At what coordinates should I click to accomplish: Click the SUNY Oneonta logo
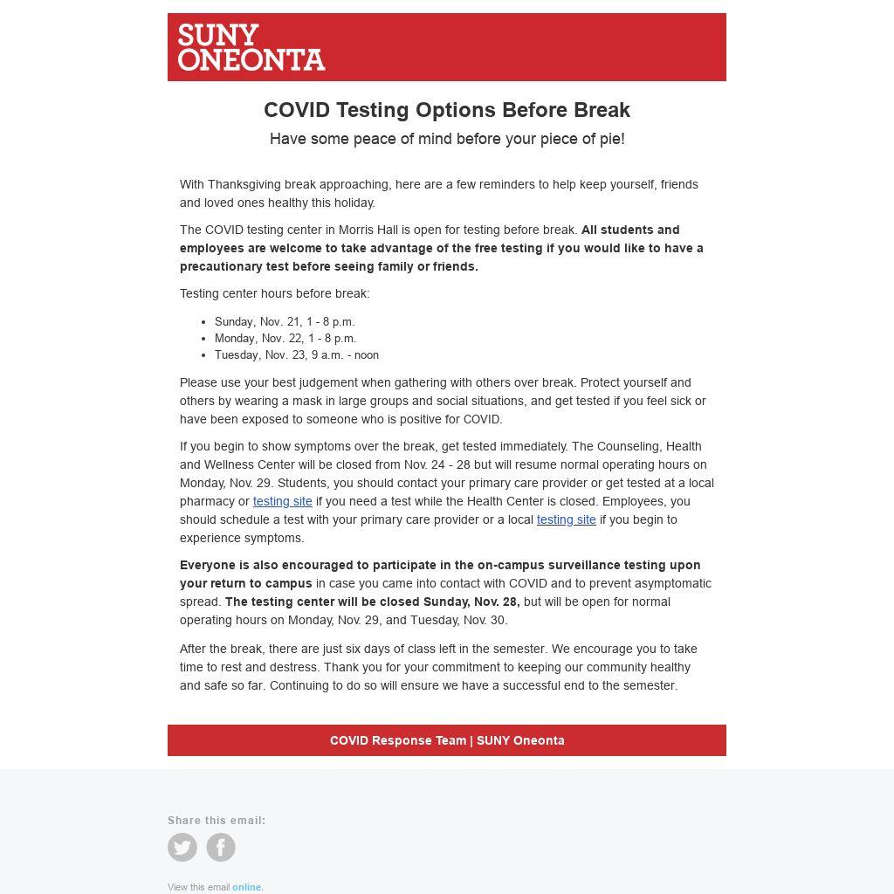tap(251, 47)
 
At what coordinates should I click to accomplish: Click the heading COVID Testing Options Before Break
tap(447, 110)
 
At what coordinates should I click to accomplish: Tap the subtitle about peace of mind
tap(447, 139)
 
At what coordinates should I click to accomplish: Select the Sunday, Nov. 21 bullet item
tap(285, 321)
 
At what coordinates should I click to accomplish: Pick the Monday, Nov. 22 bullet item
tap(285, 338)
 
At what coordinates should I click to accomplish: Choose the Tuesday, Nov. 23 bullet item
tap(297, 354)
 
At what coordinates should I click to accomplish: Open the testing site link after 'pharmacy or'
tap(282, 501)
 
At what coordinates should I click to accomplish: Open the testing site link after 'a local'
tap(566, 519)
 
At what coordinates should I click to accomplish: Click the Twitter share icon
tap(182, 847)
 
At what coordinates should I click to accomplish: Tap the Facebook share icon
tap(221, 847)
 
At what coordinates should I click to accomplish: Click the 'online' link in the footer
tap(246, 887)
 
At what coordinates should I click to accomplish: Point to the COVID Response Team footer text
tap(447, 740)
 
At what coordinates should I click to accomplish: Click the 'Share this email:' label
tap(217, 821)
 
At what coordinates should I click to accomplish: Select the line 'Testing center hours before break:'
tap(274, 293)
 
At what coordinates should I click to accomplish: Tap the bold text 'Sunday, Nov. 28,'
tap(471, 602)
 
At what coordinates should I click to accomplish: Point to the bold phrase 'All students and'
tap(630, 230)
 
